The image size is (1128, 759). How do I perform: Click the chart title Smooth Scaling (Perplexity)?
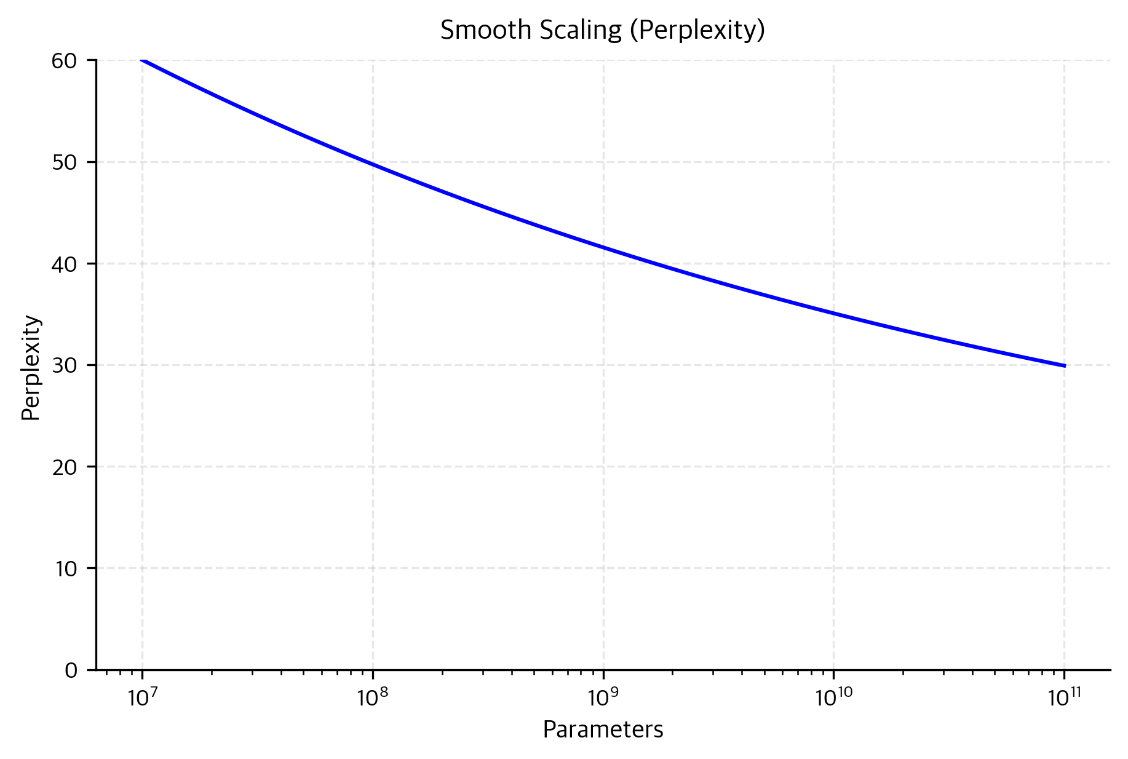[602, 30]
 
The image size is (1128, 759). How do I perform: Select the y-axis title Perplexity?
[31, 368]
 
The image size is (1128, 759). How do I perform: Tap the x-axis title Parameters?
[603, 729]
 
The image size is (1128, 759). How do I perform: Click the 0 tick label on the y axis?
[72, 670]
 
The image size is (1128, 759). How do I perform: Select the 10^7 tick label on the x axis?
[142, 697]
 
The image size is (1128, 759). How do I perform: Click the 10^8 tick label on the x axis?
[373, 697]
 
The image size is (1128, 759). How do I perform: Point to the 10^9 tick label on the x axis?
[603, 697]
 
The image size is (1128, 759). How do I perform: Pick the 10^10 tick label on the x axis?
[833, 697]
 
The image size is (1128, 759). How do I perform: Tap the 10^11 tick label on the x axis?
[1064, 697]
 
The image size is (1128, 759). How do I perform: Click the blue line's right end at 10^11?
[1064, 365]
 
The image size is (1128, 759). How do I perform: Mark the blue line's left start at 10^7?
[143, 60]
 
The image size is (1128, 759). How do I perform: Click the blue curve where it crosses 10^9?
[603, 248]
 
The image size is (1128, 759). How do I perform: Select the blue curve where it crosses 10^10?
[833, 313]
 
